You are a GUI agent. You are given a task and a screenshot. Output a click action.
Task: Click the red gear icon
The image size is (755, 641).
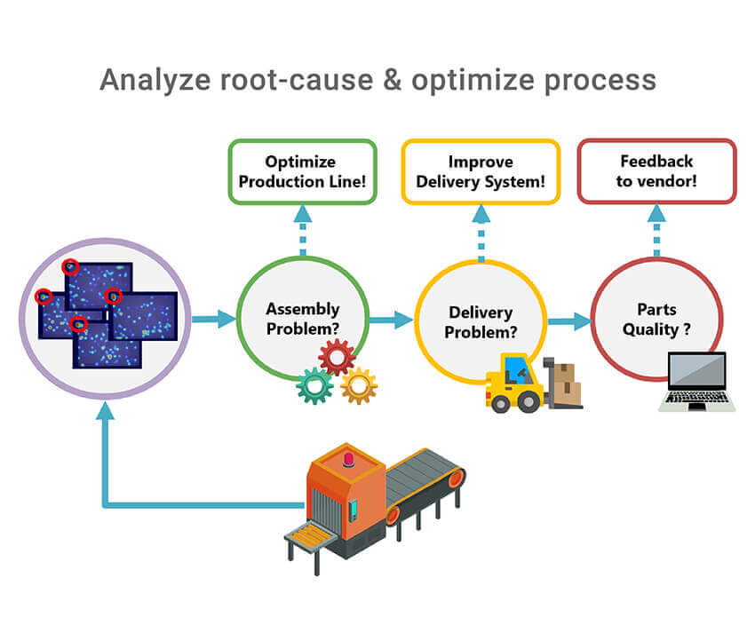coord(337,358)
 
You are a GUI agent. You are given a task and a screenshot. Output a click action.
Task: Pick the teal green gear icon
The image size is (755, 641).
coord(314,386)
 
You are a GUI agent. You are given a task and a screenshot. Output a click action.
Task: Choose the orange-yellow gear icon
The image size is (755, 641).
coord(359,386)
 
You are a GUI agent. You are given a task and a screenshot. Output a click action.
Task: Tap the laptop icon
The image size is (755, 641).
coord(697,383)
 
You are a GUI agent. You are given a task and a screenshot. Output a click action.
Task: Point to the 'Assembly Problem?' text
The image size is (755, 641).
coord(303,319)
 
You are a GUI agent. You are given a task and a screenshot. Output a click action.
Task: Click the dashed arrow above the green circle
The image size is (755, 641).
coord(303,230)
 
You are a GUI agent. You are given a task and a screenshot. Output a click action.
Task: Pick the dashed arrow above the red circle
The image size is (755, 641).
coord(657,230)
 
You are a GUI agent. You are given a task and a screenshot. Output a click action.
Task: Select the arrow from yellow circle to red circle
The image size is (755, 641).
coord(569,321)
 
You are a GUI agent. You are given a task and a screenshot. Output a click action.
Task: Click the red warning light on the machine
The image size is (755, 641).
coord(347,458)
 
